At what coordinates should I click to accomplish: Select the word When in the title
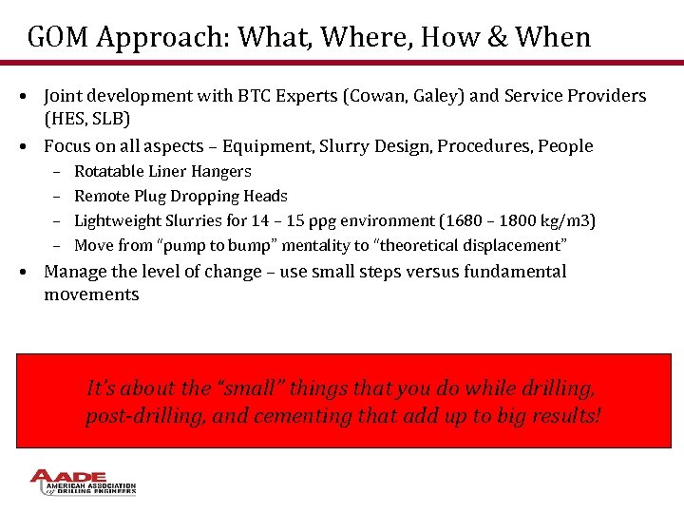tap(554, 37)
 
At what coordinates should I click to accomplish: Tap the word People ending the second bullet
tap(565, 146)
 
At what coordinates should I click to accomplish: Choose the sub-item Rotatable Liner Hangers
tap(162, 172)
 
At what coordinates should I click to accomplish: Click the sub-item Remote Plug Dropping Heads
tap(180, 197)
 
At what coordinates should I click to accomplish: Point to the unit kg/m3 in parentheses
tap(564, 221)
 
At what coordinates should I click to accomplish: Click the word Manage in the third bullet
tap(76, 272)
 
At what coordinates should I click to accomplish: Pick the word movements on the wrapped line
tap(91, 294)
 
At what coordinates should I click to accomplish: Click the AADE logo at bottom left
tap(84, 483)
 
